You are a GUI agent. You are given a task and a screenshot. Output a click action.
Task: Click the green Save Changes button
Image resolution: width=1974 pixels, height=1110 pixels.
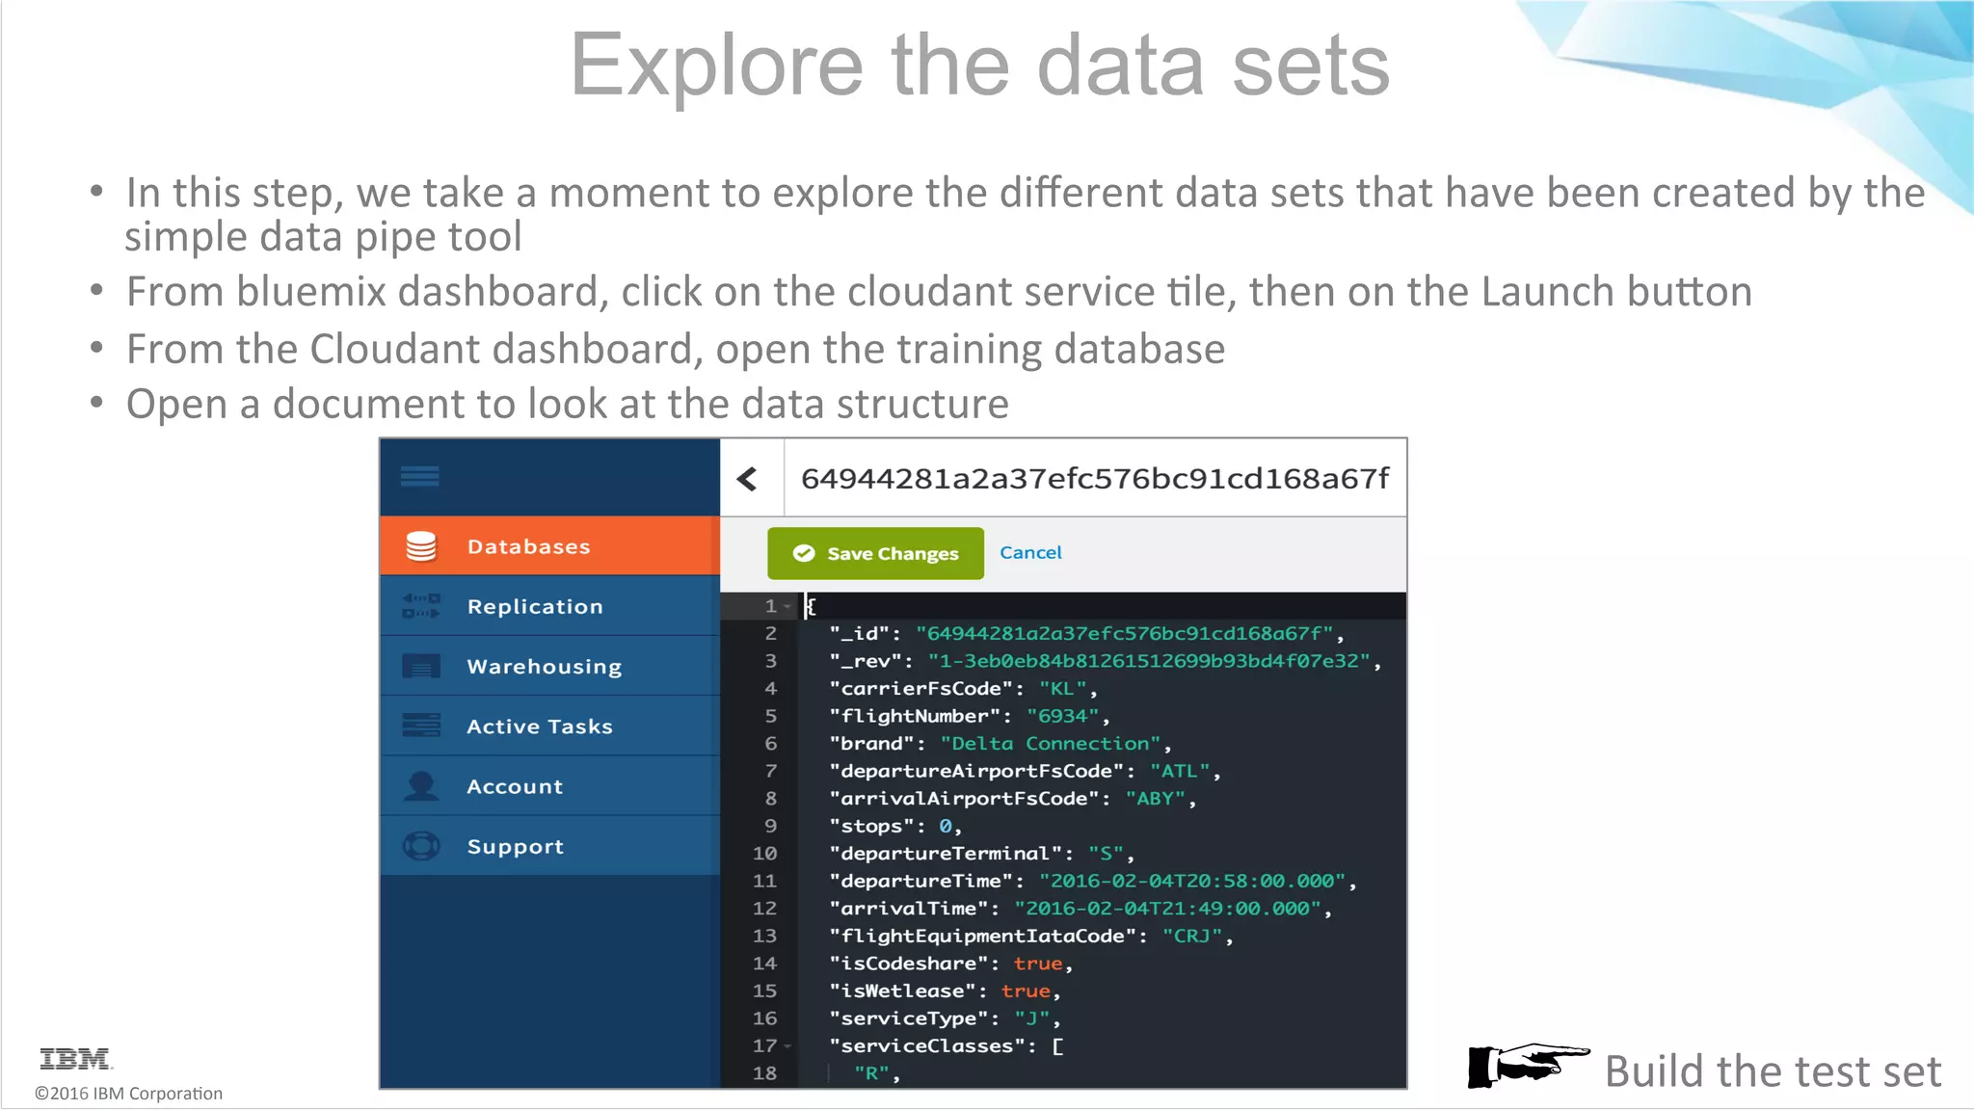[875, 553]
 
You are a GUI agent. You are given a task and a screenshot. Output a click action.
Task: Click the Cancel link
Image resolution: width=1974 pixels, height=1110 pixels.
[1030, 552]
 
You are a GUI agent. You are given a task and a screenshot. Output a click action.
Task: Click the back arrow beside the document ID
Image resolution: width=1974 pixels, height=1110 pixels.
[748, 479]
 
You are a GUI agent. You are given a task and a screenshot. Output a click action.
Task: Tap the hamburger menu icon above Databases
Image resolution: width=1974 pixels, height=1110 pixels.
[420, 476]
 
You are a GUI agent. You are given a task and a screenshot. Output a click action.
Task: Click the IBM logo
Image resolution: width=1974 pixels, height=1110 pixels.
[75, 1059]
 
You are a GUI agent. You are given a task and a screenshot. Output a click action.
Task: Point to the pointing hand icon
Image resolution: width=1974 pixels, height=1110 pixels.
[1527, 1066]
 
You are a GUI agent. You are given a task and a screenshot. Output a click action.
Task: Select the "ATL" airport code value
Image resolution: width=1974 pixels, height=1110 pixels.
[1179, 771]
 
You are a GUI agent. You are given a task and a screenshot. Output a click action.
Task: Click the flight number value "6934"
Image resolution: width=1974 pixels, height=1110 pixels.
[1062, 716]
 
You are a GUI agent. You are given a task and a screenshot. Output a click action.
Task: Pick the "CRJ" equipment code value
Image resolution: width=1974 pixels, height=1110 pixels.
[1191, 936]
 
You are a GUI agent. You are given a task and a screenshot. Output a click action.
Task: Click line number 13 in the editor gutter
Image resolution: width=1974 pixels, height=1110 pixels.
[764, 936]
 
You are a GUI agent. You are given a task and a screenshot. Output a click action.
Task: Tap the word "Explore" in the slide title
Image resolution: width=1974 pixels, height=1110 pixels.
[716, 66]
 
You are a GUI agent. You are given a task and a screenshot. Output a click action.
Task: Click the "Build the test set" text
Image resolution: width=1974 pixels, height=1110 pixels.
[1773, 1071]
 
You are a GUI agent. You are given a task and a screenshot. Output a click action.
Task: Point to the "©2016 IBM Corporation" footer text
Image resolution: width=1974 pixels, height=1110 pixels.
[128, 1094]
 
